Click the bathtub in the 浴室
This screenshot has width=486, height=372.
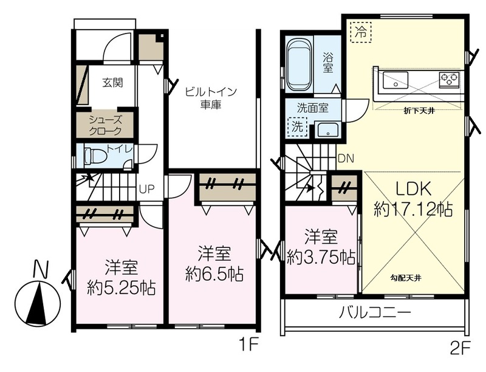click(x=299, y=64)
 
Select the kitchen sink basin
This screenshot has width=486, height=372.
click(x=395, y=80)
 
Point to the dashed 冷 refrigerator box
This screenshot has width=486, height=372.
click(x=360, y=32)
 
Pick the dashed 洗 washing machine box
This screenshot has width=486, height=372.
click(x=297, y=127)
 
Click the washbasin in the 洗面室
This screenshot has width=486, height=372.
click(x=327, y=130)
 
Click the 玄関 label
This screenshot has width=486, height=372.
click(x=112, y=83)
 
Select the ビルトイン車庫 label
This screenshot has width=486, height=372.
click(x=211, y=98)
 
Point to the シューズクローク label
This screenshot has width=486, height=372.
click(x=105, y=125)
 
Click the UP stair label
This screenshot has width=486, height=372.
click(x=146, y=188)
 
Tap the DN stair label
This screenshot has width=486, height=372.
click(x=346, y=159)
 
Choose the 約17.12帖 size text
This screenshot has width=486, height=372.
click(x=413, y=209)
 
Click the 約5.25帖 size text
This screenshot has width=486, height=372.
click(x=121, y=288)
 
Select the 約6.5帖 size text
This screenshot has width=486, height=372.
click(x=214, y=274)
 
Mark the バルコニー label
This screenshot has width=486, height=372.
click(x=375, y=312)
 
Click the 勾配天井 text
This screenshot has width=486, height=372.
click(x=406, y=278)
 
